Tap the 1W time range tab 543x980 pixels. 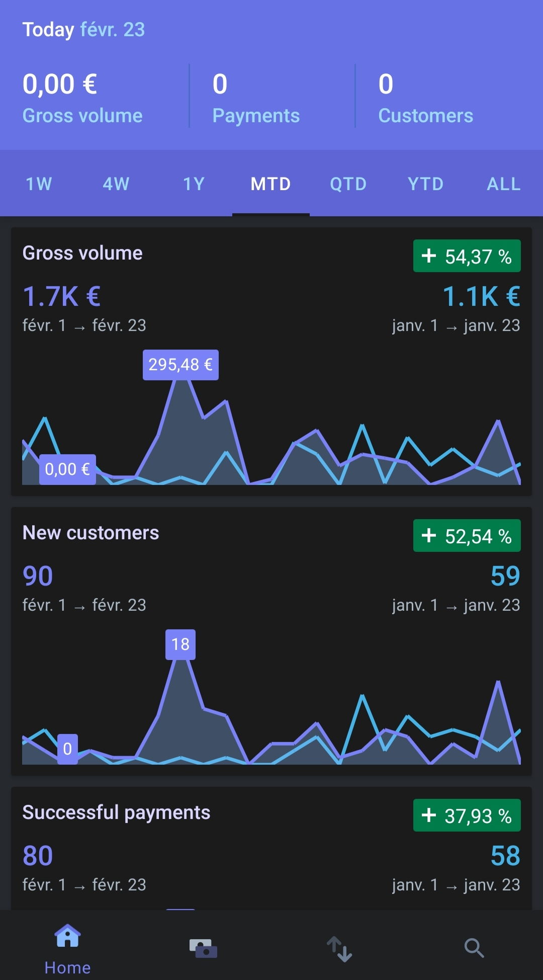click(39, 184)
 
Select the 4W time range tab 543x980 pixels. click(116, 184)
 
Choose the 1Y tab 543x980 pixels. click(194, 184)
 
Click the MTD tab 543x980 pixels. click(271, 184)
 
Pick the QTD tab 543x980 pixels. click(348, 184)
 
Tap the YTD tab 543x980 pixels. click(426, 184)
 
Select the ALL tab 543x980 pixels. click(504, 184)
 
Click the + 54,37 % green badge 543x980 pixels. click(467, 256)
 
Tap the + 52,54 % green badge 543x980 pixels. click(467, 536)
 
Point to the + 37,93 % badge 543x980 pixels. click(467, 815)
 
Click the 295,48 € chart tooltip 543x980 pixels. click(180, 365)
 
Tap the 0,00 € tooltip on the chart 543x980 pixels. click(67, 469)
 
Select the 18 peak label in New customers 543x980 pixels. click(180, 644)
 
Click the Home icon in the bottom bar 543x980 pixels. click(68, 936)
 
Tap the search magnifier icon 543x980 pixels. click(474, 948)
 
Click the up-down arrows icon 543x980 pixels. click(339, 949)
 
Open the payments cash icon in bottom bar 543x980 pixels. click(203, 948)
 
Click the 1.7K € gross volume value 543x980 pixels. click(62, 296)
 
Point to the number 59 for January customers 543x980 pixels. click(505, 576)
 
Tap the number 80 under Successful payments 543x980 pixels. click(38, 856)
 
